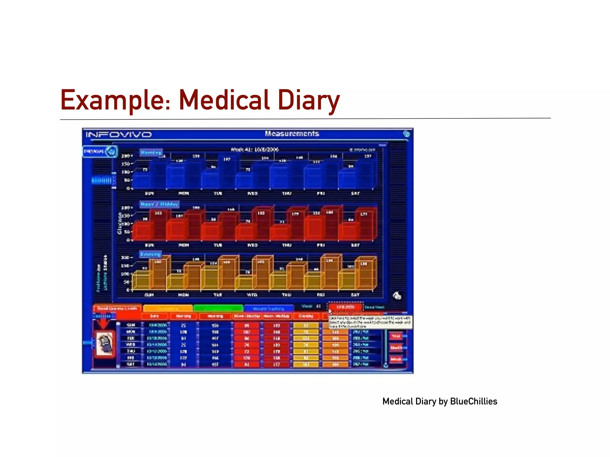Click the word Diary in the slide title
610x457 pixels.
point(309,101)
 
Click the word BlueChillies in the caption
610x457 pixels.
point(474,401)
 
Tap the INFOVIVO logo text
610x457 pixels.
point(119,135)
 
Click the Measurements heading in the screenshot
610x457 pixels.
point(292,134)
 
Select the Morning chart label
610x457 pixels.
point(151,153)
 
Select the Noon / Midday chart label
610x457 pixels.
point(159,204)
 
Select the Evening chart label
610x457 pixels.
point(150,254)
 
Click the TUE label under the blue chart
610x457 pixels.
point(218,193)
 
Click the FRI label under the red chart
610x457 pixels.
point(320,245)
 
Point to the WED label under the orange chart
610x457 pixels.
point(252,295)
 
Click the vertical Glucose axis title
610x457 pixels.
point(120,223)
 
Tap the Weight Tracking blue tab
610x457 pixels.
point(268,309)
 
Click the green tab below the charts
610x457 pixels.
point(218,308)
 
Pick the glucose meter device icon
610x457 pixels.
point(105,345)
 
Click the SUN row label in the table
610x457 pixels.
point(131,325)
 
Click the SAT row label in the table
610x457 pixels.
point(131,364)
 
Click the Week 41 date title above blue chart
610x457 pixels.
point(255,149)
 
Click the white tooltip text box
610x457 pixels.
point(370,322)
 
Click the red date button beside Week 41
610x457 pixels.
point(345,307)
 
